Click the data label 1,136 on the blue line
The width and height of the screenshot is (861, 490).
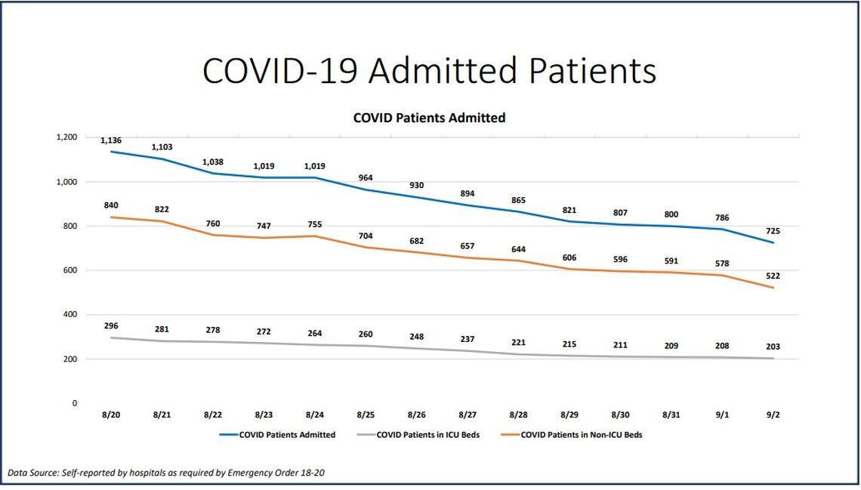pos(111,140)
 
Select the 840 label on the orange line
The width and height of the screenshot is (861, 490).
pos(111,205)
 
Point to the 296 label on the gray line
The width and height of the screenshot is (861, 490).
pos(111,326)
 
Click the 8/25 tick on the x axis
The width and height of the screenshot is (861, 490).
pos(366,415)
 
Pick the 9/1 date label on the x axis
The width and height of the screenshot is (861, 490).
pos(722,415)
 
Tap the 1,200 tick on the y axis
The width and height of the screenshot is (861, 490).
pos(66,137)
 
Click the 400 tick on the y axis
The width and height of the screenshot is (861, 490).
pos(69,315)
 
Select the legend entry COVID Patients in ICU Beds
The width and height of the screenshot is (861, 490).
pos(428,435)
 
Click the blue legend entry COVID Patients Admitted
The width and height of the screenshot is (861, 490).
pos(287,435)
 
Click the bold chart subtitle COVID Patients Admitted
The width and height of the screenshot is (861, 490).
pos(429,118)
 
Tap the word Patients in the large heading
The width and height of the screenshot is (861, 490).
pos(592,71)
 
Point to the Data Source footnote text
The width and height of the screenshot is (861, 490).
pos(166,473)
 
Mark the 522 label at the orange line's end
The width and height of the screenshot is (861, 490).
pos(772,276)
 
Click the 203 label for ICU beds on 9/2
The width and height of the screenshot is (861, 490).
pos(772,347)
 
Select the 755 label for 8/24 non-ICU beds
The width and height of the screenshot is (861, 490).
pos(314,224)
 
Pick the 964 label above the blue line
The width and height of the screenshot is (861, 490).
pos(366,177)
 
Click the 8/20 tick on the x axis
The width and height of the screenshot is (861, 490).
pos(111,415)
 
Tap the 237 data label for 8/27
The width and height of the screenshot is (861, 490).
pos(468,339)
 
